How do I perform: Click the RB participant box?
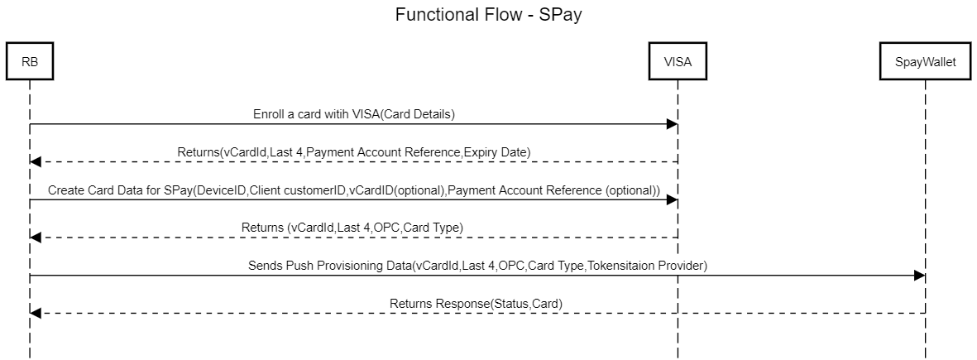[29, 61]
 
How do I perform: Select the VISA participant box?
[677, 61]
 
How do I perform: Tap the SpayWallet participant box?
[925, 61]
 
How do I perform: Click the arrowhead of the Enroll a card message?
[672, 124]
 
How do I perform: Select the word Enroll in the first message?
[269, 114]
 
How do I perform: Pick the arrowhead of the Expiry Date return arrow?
[35, 161]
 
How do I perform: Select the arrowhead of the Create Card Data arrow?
[672, 199]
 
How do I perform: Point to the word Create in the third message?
[65, 190]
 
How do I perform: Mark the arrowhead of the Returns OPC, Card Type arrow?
[35, 238]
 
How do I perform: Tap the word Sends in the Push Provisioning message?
[265, 266]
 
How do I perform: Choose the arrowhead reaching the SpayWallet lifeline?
[920, 276]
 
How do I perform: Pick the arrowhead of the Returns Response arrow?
[35, 313]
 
